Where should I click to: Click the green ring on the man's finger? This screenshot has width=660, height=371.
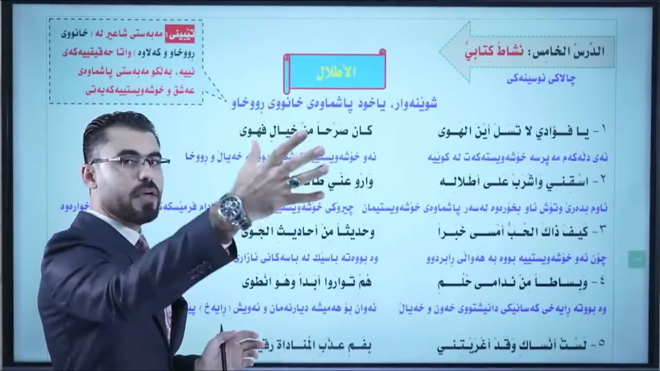point(294,181)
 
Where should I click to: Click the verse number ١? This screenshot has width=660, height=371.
point(604,132)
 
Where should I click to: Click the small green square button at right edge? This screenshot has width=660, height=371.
point(636,260)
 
